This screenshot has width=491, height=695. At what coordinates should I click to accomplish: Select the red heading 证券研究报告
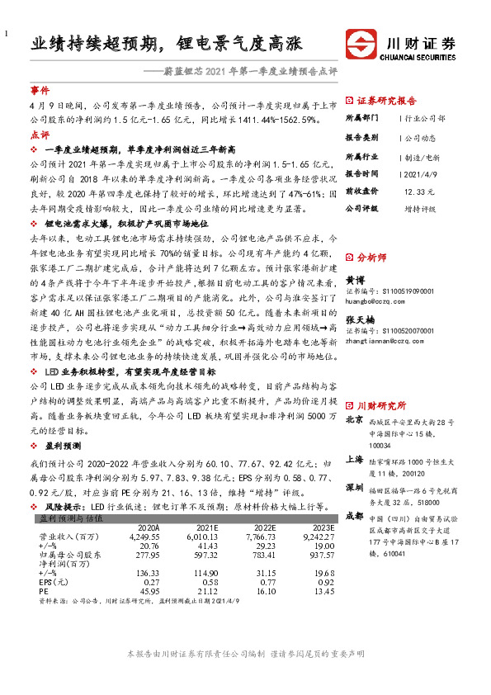coord(386,100)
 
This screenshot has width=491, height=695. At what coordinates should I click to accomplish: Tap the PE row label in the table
coord(45,590)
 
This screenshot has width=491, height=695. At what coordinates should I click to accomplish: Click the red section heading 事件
coord(40,89)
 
